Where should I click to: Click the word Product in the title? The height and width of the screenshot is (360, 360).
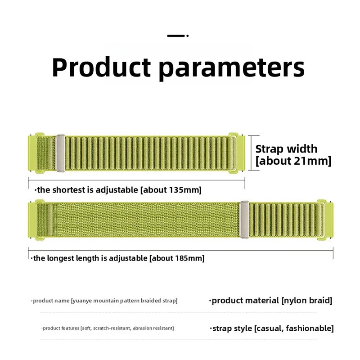(101, 67)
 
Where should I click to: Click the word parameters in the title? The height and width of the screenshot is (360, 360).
(231, 68)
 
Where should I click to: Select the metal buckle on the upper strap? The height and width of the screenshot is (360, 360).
(60, 153)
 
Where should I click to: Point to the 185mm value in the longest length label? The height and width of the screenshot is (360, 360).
(188, 258)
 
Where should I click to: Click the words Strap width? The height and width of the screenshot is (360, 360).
(286, 149)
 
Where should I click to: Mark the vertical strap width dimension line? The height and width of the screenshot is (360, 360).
(252, 153)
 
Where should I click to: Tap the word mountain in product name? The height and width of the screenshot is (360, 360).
(106, 301)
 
